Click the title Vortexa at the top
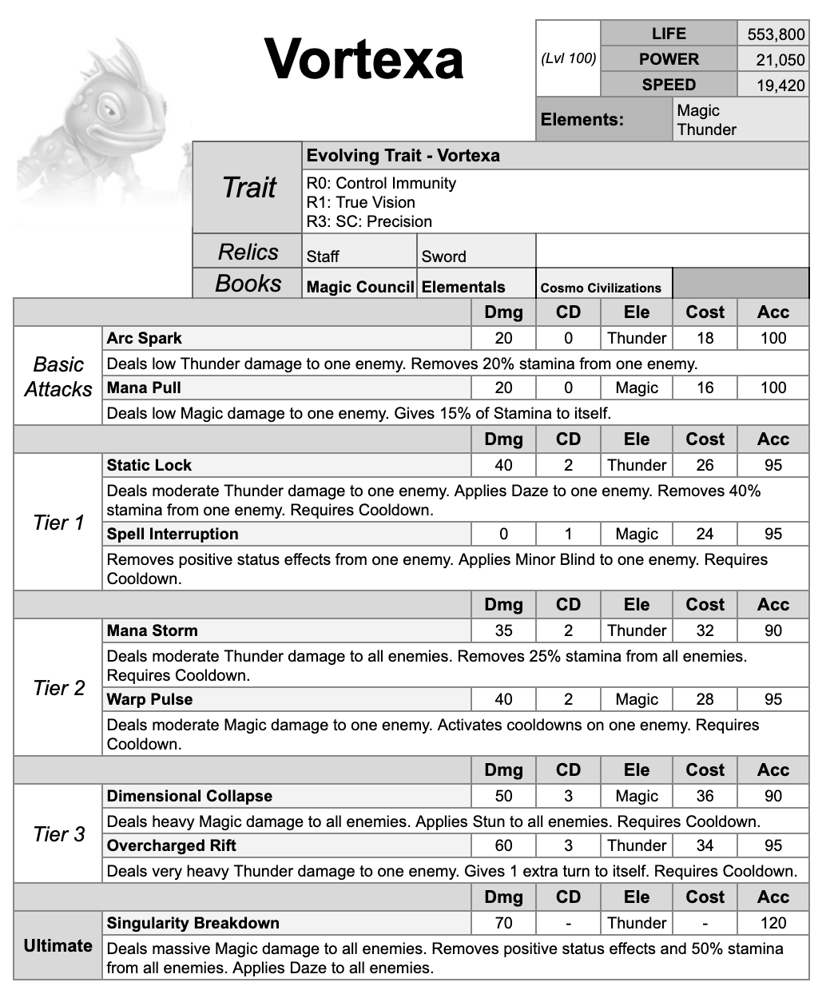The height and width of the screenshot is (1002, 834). pos(363,59)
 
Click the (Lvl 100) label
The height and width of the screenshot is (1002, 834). pos(568,58)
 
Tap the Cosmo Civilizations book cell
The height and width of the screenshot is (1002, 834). pos(601,288)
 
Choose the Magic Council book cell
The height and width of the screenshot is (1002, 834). pos(360,287)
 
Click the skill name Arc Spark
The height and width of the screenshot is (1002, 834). pos(145,338)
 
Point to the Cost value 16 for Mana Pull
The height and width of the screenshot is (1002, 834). pos(705,388)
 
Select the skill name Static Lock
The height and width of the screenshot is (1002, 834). pos(149,465)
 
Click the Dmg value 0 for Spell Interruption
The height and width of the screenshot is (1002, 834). pos(503,534)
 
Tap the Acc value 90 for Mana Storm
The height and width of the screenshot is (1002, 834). pos(772,630)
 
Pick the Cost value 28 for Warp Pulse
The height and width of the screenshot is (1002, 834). pos(705,699)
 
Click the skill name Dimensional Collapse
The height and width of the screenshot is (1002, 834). pos(189,796)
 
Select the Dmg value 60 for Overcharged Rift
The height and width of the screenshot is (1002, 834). pos(503,845)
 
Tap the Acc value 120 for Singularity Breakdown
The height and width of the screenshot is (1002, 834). pos(772,923)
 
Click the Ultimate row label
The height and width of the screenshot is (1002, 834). pos(58,946)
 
